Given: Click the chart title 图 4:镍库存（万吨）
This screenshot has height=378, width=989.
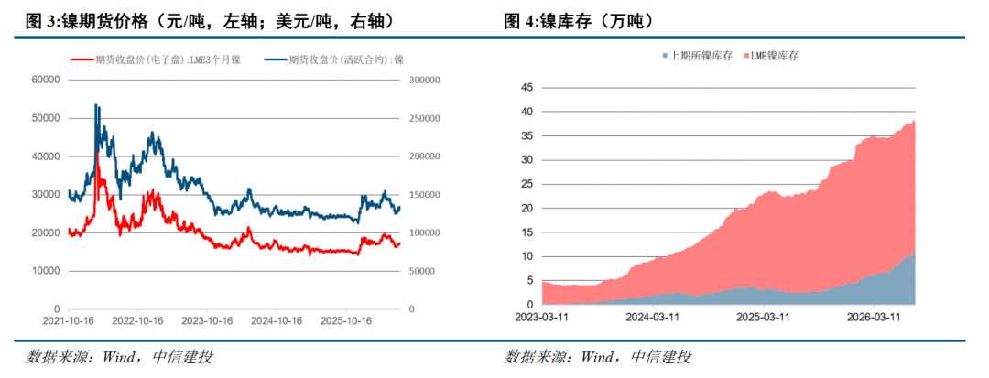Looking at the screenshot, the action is pyautogui.click(x=578, y=22).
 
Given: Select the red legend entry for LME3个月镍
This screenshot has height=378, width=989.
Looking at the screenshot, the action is pyautogui.click(x=155, y=59).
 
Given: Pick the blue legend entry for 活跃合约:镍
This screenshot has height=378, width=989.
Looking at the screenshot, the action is pyautogui.click(x=332, y=59).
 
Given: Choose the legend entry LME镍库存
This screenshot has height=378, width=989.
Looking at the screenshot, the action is pyautogui.click(x=773, y=56).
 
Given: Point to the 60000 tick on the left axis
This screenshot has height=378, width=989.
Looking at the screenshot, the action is pyautogui.click(x=45, y=80).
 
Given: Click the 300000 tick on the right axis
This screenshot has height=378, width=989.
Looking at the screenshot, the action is pyautogui.click(x=422, y=80).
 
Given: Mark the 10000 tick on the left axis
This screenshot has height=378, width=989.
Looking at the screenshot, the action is pyautogui.click(x=45, y=271).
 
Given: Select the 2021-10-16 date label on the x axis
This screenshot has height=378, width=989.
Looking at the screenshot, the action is pyautogui.click(x=68, y=320).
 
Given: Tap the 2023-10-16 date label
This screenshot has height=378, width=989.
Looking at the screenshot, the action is pyautogui.click(x=208, y=320).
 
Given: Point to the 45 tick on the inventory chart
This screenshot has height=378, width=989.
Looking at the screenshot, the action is pyautogui.click(x=527, y=88).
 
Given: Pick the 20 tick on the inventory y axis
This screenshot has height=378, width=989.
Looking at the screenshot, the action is pyautogui.click(x=527, y=208).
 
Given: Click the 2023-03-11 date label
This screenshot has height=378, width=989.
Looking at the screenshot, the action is pyautogui.click(x=542, y=315).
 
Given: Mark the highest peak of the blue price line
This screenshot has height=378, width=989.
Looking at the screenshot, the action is pyautogui.click(x=95, y=104).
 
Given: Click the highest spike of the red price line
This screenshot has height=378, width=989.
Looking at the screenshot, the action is pyautogui.click(x=96, y=153).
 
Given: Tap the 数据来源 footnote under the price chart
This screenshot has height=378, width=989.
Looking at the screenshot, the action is pyautogui.click(x=119, y=358).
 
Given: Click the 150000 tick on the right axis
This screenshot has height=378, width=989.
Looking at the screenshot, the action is pyautogui.click(x=422, y=195).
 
